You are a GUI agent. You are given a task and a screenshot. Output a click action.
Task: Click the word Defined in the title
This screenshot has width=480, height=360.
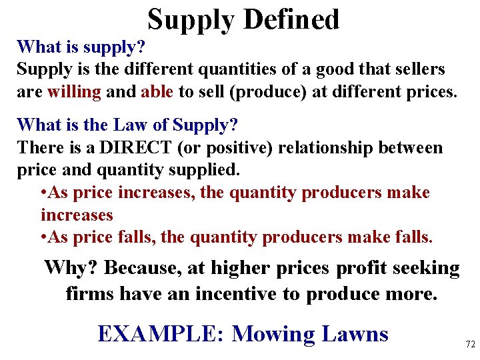pyautogui.click(x=291, y=19)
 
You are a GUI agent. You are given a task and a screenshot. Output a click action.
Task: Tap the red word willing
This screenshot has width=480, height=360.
pyautogui.click(x=74, y=91)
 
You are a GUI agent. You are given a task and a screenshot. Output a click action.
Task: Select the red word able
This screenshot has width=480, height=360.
pyautogui.click(x=157, y=91)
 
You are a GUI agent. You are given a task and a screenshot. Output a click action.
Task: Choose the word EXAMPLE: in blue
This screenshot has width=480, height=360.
pyautogui.click(x=161, y=333)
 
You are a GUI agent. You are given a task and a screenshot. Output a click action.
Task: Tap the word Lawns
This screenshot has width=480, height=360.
pyautogui.click(x=355, y=333)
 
